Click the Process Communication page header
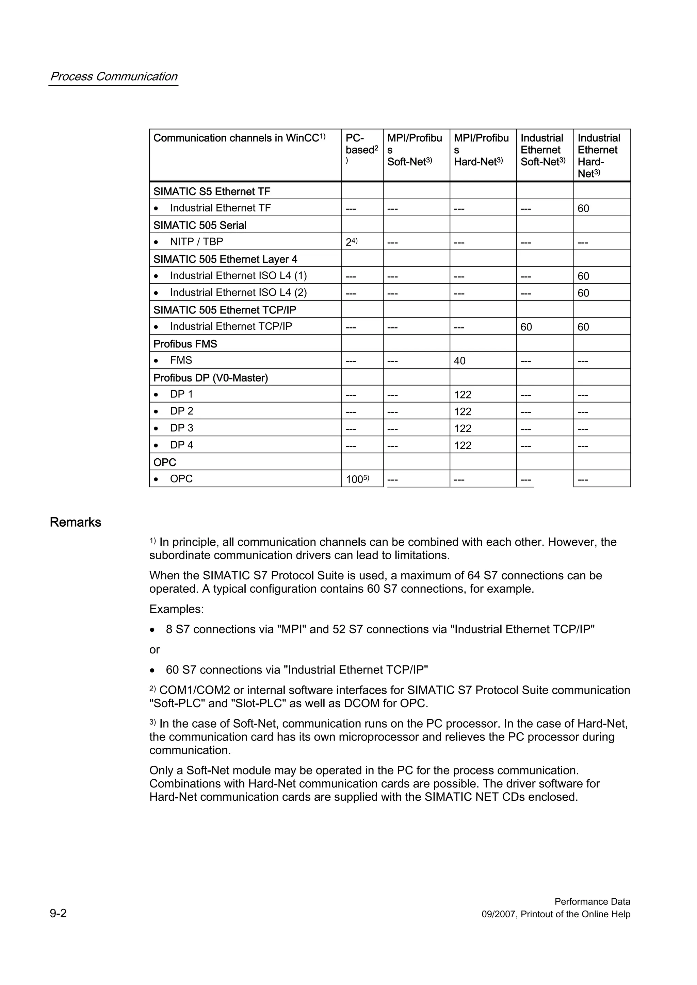point(113,77)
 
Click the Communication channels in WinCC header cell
point(239,138)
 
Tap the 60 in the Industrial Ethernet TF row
point(583,208)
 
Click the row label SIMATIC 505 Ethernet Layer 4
point(225,259)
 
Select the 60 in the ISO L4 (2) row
point(583,293)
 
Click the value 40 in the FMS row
point(459,361)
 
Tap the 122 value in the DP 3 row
point(463,428)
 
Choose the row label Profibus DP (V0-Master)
point(210,378)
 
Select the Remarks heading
point(76,522)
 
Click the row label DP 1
point(181,394)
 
